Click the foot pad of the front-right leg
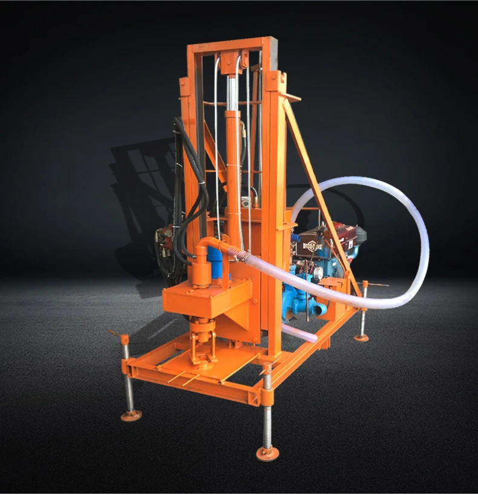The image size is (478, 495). (x=266, y=453)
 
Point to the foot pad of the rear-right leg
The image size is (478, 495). (x=362, y=337)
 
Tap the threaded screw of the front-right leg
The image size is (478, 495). (x=267, y=411)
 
